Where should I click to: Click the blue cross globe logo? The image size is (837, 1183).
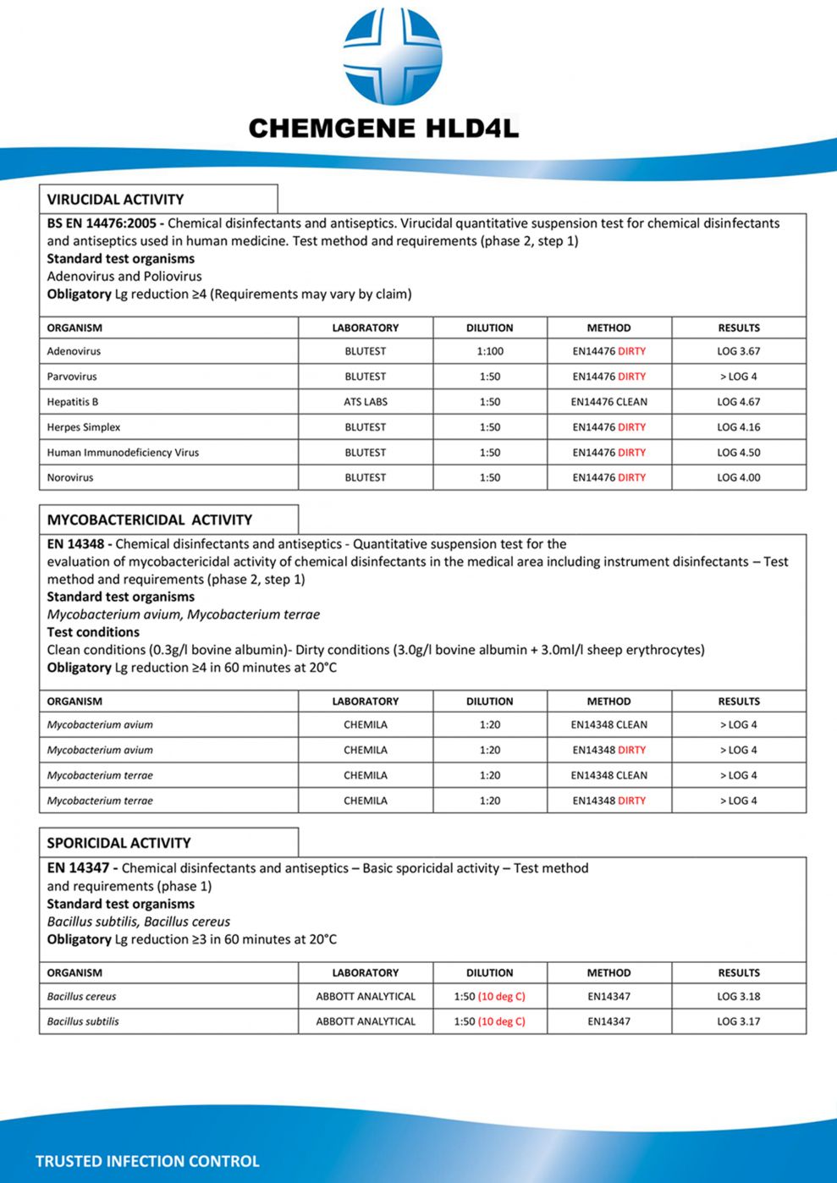pos(392,57)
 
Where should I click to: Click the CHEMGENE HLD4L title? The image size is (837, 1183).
pos(383,129)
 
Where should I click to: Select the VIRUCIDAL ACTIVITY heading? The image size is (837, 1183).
pos(115,200)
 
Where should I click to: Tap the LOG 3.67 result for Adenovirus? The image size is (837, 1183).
pos(738,351)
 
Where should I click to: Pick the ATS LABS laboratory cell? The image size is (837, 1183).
pos(366,402)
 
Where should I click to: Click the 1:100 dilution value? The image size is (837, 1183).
pos(489,351)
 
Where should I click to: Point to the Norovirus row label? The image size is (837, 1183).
pos(70,477)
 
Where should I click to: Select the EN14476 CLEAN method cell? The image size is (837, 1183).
pos(608,402)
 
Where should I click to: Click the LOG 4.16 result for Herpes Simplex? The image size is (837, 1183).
pos(738,427)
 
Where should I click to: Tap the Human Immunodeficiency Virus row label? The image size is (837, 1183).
pos(123,453)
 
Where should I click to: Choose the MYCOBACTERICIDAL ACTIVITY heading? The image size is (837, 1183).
pos(149,520)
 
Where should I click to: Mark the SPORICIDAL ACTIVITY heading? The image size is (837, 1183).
pos(118,843)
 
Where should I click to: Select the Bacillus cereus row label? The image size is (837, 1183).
pos(81,997)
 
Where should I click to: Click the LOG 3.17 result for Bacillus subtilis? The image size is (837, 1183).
pos(738,1021)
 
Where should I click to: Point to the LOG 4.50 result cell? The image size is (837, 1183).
pos(738,453)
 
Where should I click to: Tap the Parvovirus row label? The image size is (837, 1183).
pos(72,377)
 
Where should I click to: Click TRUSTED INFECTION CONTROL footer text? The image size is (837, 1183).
pos(147,1161)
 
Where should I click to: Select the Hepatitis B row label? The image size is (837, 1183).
pos(73,402)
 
